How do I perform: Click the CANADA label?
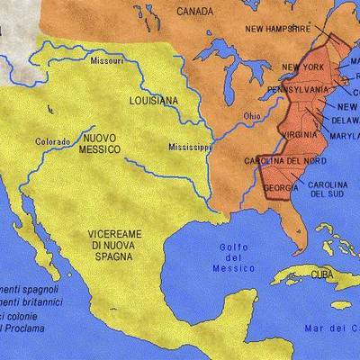(195, 12)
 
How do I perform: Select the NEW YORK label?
(302, 67)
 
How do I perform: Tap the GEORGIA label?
(283, 188)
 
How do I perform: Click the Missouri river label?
(107, 60)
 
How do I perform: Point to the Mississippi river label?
(189, 147)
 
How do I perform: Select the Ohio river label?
(252, 116)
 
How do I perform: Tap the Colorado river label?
(51, 141)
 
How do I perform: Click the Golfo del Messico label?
(234, 257)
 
